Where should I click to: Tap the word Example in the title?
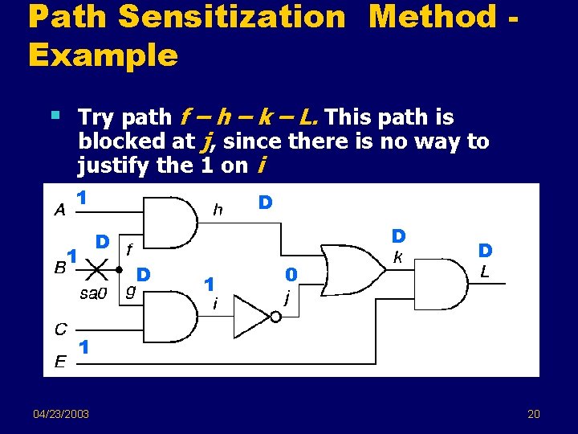click(102, 55)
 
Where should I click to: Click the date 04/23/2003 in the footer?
click(61, 414)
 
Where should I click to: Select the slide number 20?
click(534, 414)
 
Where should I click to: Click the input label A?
click(59, 211)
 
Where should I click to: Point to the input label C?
click(60, 329)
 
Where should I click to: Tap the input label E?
click(60, 362)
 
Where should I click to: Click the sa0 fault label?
click(93, 293)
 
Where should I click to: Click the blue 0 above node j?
click(292, 275)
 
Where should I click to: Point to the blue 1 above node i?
click(209, 284)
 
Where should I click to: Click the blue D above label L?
click(485, 252)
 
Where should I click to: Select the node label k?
click(397, 258)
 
